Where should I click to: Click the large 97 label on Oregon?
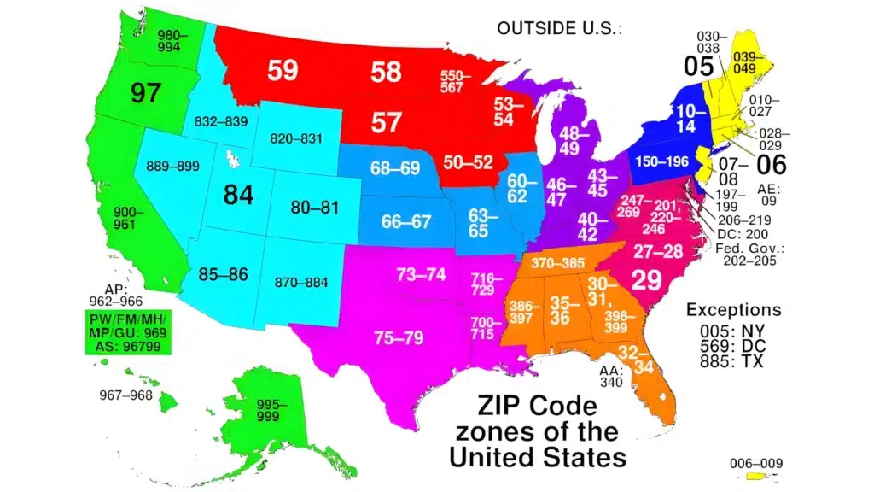(145, 92)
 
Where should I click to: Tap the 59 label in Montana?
(282, 70)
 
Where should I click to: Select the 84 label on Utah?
(238, 195)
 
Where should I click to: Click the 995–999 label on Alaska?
(272, 410)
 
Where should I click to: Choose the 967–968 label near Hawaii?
(125, 396)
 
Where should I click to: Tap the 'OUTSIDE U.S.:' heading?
(559, 28)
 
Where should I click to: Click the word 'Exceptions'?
(734, 309)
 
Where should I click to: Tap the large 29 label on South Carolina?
(646, 279)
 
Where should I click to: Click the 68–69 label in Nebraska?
(395, 168)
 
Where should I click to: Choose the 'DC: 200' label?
(743, 234)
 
